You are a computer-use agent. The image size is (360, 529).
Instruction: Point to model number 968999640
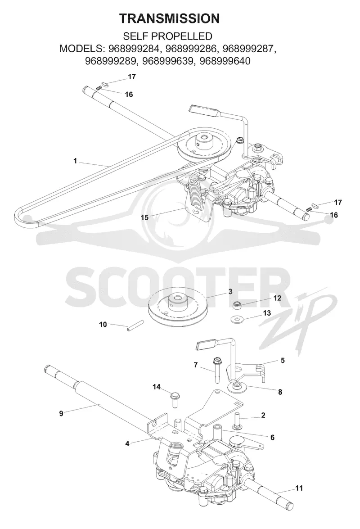[225, 61]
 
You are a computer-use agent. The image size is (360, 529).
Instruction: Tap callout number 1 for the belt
[75, 161]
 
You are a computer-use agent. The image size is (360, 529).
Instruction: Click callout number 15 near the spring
[144, 217]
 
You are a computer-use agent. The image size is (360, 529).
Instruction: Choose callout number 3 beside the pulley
[230, 291]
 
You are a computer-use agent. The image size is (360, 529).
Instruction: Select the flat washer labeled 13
[236, 318]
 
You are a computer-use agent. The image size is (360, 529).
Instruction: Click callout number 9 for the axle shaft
[61, 413]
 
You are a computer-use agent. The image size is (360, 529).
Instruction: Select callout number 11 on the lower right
[299, 488]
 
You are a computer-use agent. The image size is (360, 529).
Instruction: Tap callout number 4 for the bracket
[127, 443]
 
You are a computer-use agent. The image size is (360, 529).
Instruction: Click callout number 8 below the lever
[280, 392]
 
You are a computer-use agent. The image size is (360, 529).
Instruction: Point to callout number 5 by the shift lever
[283, 360]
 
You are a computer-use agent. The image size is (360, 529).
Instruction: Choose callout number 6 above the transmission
[272, 438]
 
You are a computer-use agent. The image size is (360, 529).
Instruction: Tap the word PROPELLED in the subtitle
[184, 36]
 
